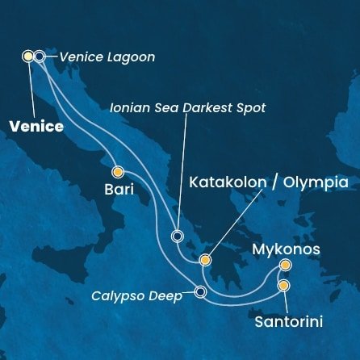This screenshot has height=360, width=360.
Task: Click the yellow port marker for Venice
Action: [29, 56]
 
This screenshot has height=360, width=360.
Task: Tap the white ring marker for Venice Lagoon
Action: [40, 56]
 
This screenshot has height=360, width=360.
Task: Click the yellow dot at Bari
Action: [118, 171]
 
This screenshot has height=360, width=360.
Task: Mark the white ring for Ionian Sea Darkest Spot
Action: [178, 237]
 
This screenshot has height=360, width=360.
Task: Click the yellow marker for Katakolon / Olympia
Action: [205, 260]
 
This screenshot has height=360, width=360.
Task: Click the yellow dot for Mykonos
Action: [285, 265]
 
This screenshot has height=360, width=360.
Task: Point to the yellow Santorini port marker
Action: [284, 285]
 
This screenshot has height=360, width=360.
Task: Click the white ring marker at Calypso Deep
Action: [200, 292]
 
